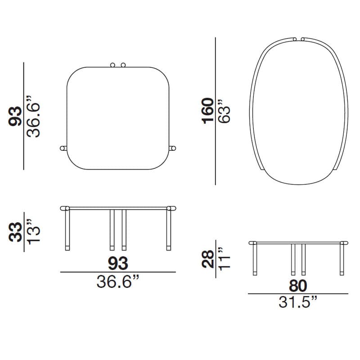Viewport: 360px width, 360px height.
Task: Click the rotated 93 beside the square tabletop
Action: click(15, 117)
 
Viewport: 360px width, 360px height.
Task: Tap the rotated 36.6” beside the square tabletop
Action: click(33, 117)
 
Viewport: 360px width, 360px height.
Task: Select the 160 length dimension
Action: click(207, 111)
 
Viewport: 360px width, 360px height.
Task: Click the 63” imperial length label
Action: click(224, 111)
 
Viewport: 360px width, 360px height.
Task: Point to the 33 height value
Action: click(15, 232)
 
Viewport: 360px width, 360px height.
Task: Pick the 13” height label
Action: click(33, 232)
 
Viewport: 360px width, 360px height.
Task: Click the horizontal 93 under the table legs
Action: click(118, 263)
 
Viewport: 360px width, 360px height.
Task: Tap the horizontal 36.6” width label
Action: click(118, 282)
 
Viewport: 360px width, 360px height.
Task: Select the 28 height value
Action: click(207, 259)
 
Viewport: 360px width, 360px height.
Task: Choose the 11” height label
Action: click(224, 259)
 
